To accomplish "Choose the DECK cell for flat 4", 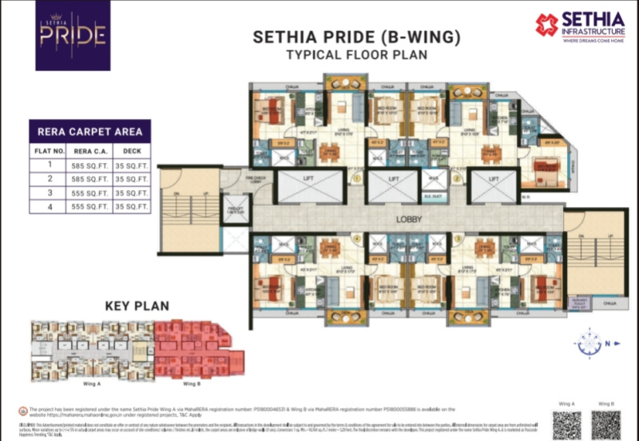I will pos(132,206).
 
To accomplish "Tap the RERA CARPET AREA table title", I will pos(89,131).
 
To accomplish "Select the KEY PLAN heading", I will pos(135,304).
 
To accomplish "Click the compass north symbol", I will pos(589,344).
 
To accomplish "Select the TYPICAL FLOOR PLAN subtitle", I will pos(344,55).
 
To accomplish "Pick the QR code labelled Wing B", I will pos(605,423).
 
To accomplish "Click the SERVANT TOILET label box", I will pos(578,303).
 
